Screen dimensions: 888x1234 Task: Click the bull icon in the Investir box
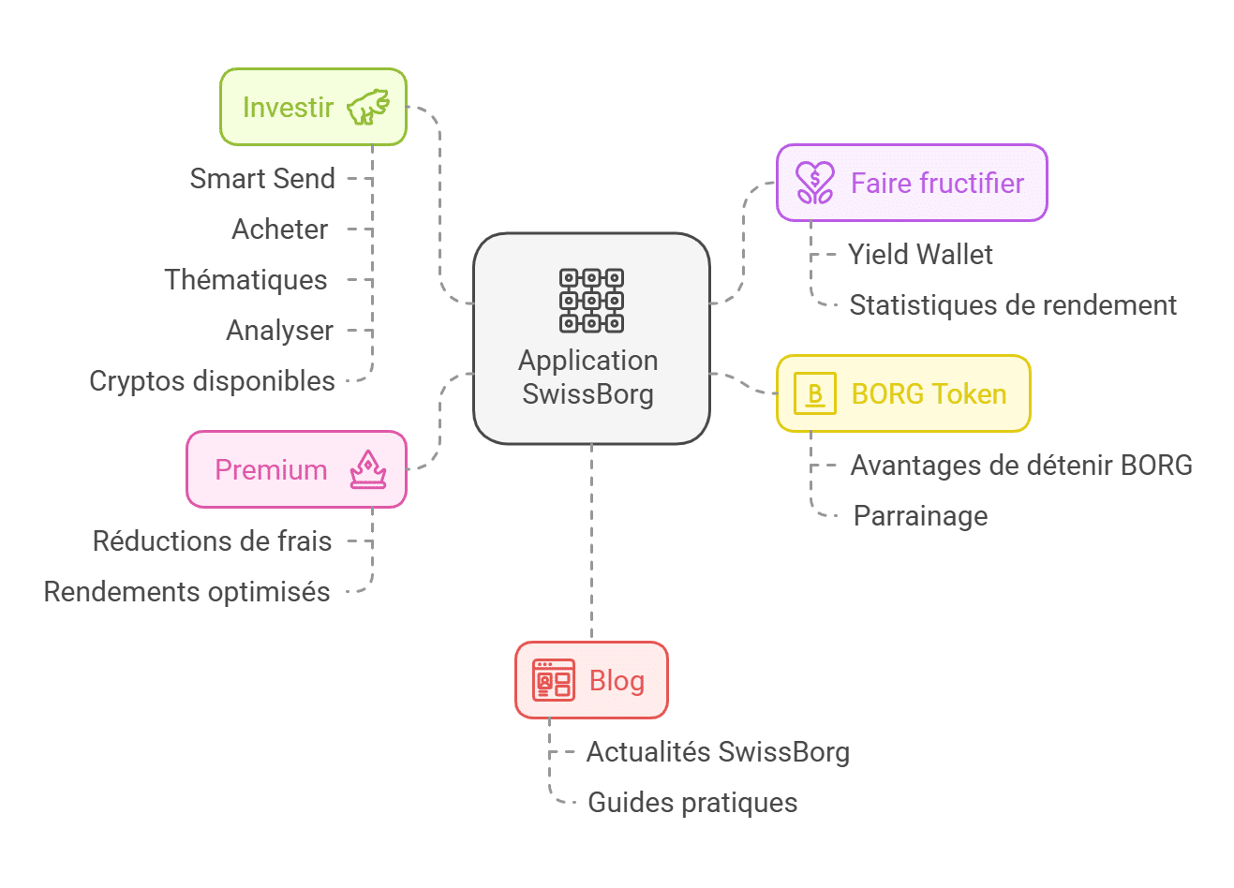click(368, 107)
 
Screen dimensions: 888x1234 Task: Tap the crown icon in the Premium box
click(368, 469)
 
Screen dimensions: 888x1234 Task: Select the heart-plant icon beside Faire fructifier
click(814, 183)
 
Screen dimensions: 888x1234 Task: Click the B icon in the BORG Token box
click(814, 393)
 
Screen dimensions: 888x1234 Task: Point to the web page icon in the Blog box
click(553, 680)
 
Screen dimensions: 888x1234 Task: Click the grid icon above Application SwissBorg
click(591, 300)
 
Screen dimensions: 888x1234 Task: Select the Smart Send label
click(262, 178)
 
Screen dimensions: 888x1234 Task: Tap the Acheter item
click(279, 229)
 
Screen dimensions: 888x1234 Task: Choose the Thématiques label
click(245, 279)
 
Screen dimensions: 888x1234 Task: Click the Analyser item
click(279, 330)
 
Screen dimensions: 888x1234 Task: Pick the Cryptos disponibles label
click(212, 380)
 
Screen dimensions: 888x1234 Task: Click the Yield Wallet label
click(920, 254)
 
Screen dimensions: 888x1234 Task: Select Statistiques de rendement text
click(1012, 304)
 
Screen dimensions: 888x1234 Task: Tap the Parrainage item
click(920, 515)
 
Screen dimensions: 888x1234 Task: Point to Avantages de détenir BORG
click(1020, 465)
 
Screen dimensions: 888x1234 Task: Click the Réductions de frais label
click(212, 540)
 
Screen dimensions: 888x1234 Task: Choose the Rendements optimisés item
click(186, 591)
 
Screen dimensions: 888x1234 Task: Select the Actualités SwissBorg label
click(718, 751)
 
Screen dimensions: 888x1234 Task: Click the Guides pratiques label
click(692, 802)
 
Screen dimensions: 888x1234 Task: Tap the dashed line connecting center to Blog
click(591, 543)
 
